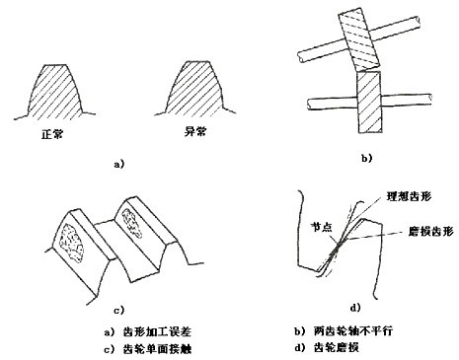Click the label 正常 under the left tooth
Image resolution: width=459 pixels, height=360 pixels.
52,134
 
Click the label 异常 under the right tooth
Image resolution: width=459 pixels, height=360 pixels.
195,131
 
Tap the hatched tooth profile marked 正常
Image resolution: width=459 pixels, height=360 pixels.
54,92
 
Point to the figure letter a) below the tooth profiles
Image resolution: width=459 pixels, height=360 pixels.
119,164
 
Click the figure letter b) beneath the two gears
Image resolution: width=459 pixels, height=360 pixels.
367,159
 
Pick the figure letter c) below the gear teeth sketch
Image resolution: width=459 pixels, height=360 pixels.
119,310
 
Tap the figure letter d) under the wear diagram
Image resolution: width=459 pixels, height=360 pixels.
355,308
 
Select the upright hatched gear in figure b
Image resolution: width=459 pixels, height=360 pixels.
369,102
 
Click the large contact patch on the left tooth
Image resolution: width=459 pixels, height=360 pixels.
72,242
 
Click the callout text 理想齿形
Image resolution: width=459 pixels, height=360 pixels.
409,196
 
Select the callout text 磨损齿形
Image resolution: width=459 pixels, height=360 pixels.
431,231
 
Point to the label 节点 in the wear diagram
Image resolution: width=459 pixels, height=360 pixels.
322,228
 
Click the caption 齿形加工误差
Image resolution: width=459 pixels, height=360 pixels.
157,331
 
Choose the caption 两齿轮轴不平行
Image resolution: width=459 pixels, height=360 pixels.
353,330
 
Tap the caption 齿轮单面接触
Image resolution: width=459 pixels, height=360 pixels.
157,348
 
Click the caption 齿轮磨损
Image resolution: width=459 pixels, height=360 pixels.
336,347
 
